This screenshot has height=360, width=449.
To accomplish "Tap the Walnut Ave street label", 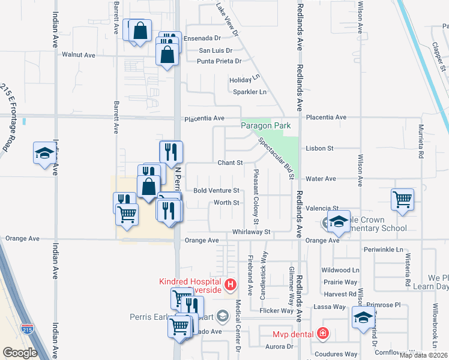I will coord(79,55).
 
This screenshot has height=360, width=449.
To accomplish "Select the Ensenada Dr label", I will coord(202,38).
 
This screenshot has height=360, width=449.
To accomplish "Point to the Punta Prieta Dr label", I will coord(220,61).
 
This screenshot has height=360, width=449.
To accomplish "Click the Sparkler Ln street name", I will coord(249,92).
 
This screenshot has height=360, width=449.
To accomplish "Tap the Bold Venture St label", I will coord(217,191).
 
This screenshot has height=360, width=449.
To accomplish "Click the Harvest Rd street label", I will coord(339,294).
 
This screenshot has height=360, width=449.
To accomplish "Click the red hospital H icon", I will coord(229,284).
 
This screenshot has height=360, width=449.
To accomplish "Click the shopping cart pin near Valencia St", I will coord(402,200).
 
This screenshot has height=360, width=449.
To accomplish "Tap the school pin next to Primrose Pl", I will coord(363,319).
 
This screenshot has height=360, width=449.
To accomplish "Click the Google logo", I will coord(20,353).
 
